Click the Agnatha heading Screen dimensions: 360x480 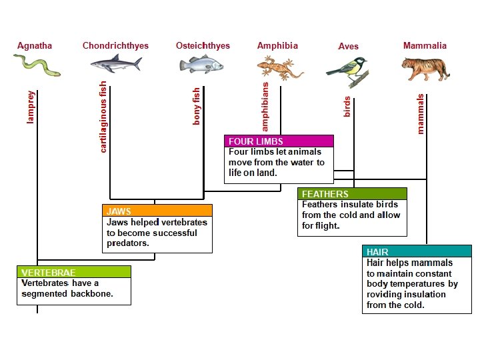click(x=35, y=46)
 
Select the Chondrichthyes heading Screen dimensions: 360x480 click(x=115, y=46)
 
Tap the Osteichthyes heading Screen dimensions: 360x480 click(x=203, y=46)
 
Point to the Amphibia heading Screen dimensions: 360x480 click(x=277, y=46)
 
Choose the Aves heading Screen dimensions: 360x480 click(x=348, y=47)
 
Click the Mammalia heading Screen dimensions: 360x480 click(x=425, y=46)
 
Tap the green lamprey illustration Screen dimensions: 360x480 click(x=37, y=65)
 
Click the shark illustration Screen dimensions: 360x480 click(x=116, y=64)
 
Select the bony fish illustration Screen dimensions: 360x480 click(x=201, y=65)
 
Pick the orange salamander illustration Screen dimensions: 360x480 click(x=280, y=67)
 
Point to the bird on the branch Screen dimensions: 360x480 click(x=347, y=70)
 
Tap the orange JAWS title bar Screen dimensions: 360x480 click(x=157, y=211)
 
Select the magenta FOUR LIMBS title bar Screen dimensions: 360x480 click(x=279, y=141)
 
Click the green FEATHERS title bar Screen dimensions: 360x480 click(x=352, y=194)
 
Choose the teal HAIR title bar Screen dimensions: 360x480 click(x=417, y=252)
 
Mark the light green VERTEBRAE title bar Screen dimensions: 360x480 click(x=73, y=273)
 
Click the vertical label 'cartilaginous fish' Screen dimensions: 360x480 click(x=103, y=117)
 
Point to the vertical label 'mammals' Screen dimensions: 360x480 click(x=420, y=113)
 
